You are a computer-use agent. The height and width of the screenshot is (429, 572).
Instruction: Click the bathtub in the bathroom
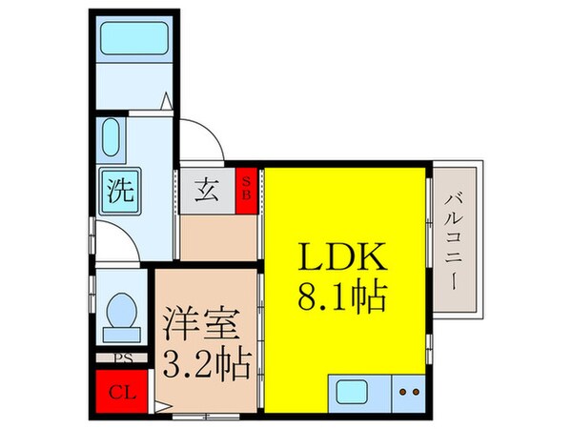coord(133,47)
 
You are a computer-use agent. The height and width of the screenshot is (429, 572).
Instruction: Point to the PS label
coord(123,359)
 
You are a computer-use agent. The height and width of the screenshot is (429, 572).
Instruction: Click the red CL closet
coord(120,390)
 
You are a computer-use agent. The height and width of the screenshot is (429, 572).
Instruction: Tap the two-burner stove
coord(409,392)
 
